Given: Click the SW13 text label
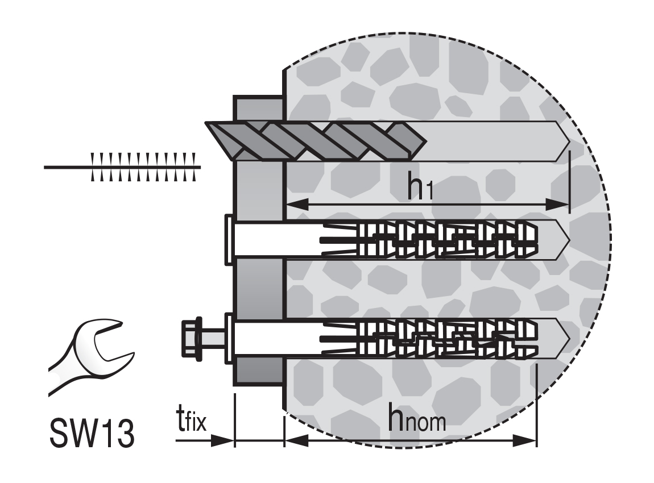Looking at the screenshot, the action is [x=92, y=433].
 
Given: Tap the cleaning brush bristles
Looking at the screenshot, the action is [x=143, y=167].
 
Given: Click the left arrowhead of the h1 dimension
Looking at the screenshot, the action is [x=296, y=204].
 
